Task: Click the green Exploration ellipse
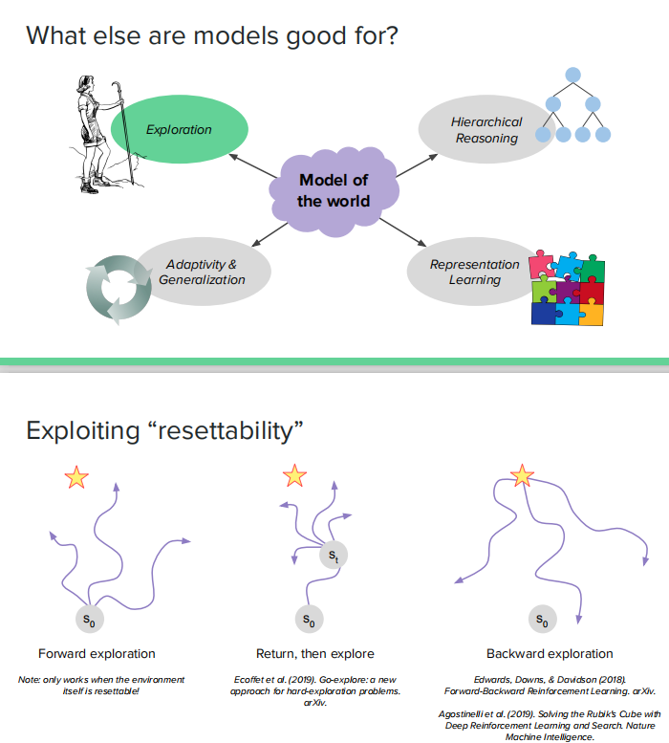[x=180, y=130]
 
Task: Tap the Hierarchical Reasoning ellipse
[x=486, y=130]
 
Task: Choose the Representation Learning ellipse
[x=474, y=272]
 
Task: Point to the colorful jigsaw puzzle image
[x=568, y=288]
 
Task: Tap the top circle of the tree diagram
[x=572, y=74]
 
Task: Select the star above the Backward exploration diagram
[x=522, y=475]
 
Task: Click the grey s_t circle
[x=332, y=555]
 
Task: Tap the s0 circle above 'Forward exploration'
[x=89, y=620]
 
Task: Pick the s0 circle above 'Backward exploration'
[x=542, y=620]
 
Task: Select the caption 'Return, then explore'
[x=315, y=654]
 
